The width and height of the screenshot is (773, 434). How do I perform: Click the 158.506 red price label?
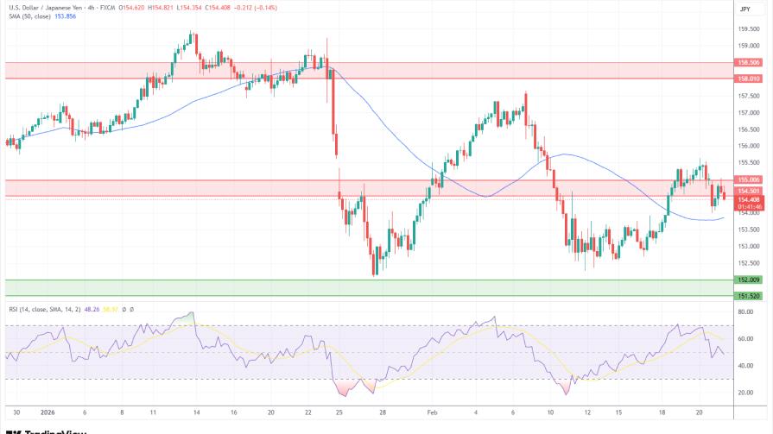[748, 62]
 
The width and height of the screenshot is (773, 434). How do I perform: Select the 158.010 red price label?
[748, 79]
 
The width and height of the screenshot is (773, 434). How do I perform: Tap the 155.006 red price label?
[748, 180]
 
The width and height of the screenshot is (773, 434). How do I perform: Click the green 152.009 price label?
[748, 280]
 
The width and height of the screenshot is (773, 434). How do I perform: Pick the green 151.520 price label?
[748, 296]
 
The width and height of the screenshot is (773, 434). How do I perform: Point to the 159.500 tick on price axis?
[748, 29]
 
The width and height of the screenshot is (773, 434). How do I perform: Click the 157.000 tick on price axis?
[748, 113]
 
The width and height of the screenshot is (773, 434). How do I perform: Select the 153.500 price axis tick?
[748, 230]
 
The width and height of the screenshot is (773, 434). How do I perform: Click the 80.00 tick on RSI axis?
[745, 312]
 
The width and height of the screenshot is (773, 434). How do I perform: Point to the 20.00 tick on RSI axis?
[745, 393]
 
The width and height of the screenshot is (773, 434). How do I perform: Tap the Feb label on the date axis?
[433, 412]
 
